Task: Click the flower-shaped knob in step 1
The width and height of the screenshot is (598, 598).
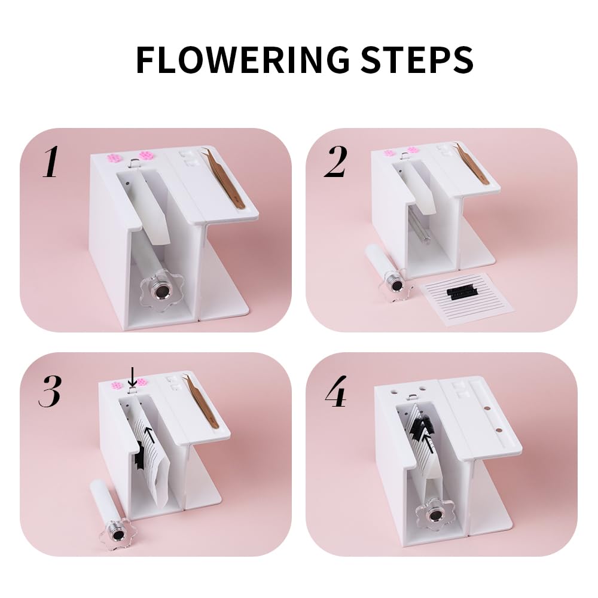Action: [158, 292]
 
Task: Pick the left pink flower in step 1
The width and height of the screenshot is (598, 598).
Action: [114, 158]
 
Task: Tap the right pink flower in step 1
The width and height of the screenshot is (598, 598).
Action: [146, 155]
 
